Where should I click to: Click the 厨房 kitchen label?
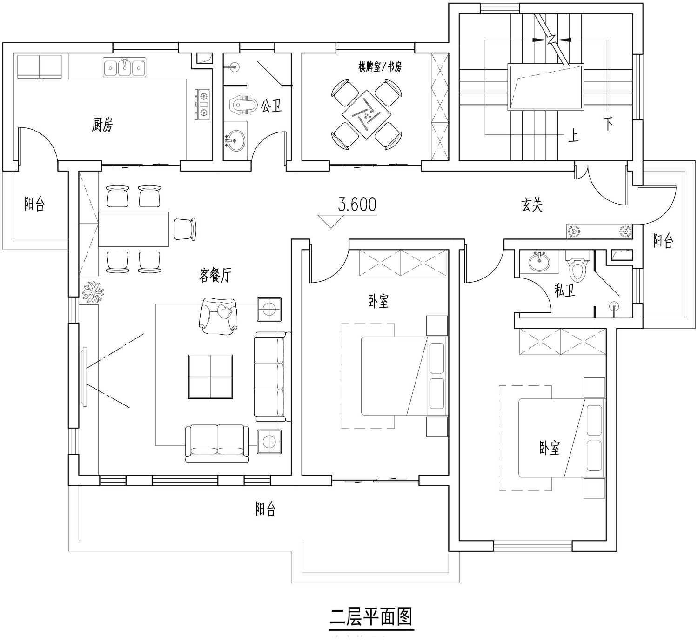102,125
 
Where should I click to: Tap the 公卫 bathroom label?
271,106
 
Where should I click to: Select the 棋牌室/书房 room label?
380,66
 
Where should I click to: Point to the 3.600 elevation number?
357,205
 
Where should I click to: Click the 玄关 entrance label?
532,205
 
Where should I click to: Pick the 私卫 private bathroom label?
564,290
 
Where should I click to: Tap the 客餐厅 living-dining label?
215,275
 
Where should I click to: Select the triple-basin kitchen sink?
124,67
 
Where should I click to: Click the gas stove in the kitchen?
203,104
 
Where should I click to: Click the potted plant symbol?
93,292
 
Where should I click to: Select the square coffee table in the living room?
210,377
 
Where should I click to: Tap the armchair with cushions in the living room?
218,316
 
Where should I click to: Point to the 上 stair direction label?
573,135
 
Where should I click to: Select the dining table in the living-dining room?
134,229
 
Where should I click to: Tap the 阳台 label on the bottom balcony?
266,509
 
